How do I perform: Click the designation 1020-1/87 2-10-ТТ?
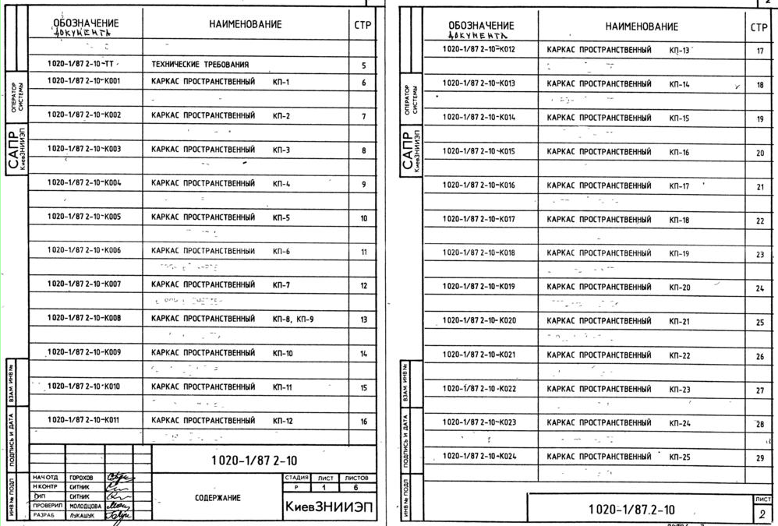click(83, 65)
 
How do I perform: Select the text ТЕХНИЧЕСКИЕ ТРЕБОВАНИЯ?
click(200, 65)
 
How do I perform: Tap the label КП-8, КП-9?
click(293, 319)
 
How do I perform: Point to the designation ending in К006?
click(84, 250)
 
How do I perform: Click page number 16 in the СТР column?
click(363, 422)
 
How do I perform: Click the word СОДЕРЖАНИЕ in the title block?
click(217, 498)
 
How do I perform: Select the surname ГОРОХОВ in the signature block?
click(81, 478)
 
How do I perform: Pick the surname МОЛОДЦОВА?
click(85, 506)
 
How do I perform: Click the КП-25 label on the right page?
click(679, 457)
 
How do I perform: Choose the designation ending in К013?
click(479, 83)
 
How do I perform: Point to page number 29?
click(760, 458)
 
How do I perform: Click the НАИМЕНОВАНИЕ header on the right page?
click(642, 26)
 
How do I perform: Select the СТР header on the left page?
click(362, 25)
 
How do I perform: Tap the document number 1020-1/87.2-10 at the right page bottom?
click(631, 510)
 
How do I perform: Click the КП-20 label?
click(679, 288)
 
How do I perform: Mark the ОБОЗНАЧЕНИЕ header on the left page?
click(86, 24)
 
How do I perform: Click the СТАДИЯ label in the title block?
click(296, 478)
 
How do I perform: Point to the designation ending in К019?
click(479, 287)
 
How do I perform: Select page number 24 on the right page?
click(760, 288)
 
